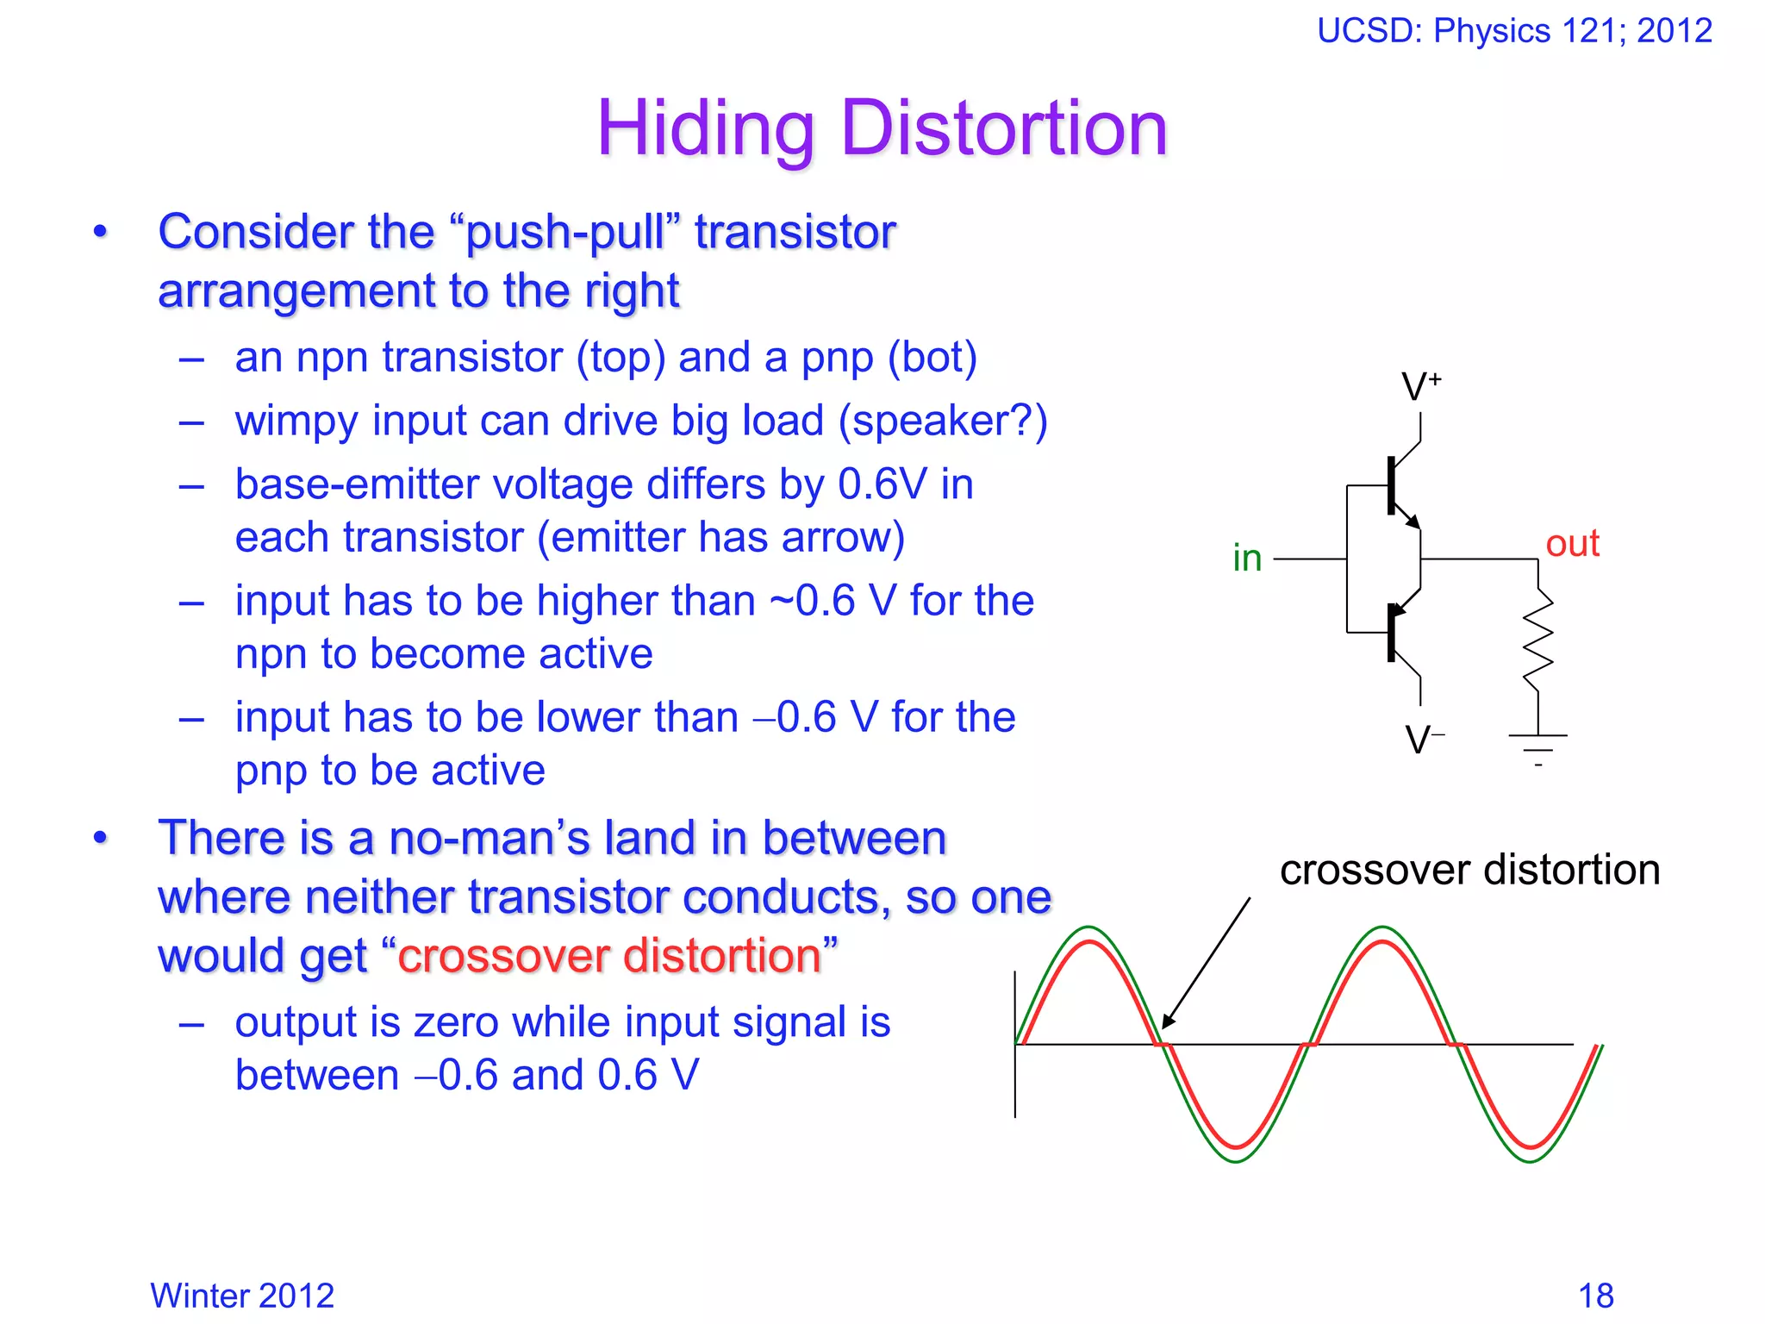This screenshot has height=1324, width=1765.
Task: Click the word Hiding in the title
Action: [x=705, y=129]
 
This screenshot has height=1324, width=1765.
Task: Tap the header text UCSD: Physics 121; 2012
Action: [x=1514, y=31]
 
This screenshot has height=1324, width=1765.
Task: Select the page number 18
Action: [x=1595, y=1296]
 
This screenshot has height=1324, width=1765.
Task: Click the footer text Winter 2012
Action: [x=242, y=1296]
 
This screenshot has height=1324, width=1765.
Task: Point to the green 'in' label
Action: [x=1247, y=559]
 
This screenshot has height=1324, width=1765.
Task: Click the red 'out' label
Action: [x=1572, y=544]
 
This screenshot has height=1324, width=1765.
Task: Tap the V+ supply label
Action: [x=1420, y=387]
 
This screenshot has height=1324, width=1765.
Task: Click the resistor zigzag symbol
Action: [x=1538, y=640]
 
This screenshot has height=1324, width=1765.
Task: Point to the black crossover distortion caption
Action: [x=1469, y=870]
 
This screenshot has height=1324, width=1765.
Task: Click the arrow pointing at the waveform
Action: [x=1207, y=962]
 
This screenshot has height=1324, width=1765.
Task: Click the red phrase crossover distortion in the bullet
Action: [x=609, y=956]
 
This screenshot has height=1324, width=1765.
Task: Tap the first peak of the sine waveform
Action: [x=1089, y=935]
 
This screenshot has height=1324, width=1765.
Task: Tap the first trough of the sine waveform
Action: [x=1237, y=1153]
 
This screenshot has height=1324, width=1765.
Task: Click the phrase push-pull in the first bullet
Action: [x=565, y=233]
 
